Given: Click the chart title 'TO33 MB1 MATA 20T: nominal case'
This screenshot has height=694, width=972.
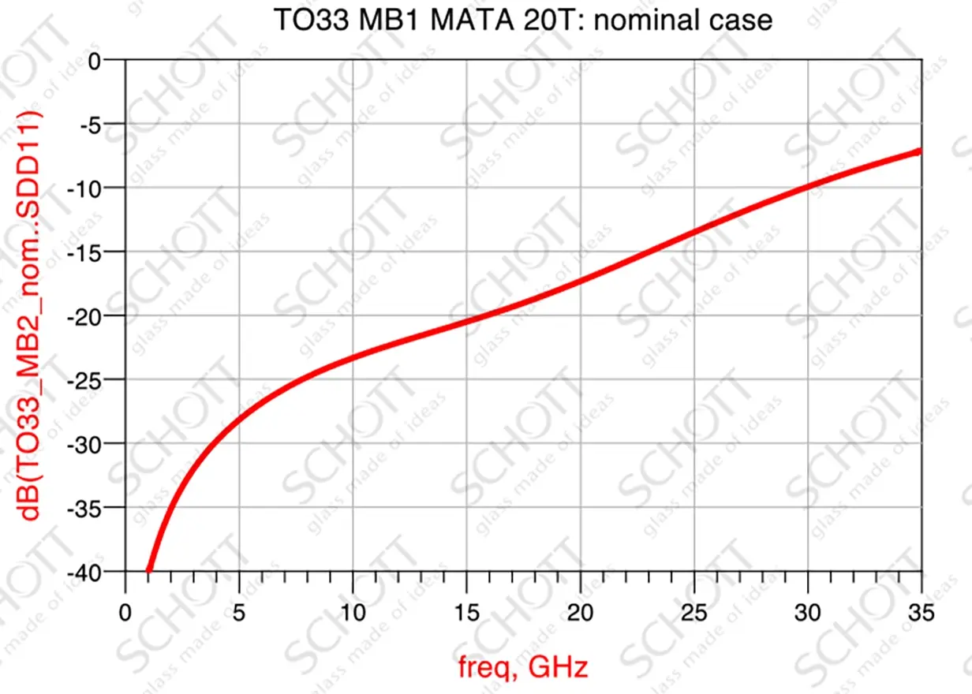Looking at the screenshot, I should tap(522, 20).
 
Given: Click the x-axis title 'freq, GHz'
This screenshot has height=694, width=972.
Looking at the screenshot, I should tap(523, 668).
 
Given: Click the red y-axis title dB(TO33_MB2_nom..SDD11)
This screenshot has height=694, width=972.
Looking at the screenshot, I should tap(31, 315).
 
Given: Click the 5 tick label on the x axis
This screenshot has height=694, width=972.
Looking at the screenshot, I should tap(238, 613).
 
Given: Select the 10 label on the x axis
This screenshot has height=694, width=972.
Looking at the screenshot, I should tap(352, 613).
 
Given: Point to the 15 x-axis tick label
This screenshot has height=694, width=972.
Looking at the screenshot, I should tap(465, 613).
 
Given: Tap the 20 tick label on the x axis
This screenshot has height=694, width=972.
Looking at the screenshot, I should tap(580, 613).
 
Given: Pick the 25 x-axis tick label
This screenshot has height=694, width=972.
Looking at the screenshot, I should tap(693, 613).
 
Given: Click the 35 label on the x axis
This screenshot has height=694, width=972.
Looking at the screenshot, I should tap(921, 613).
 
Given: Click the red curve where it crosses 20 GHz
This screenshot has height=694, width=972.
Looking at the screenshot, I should tap(580, 281).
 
